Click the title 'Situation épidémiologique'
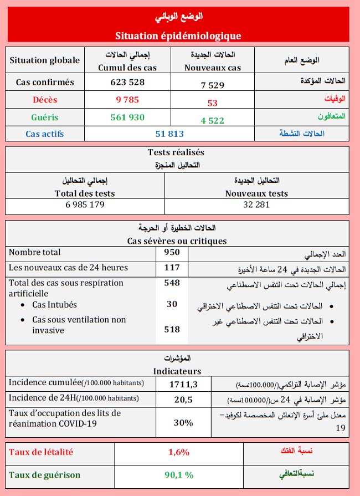tap(178, 35)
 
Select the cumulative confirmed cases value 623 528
tap(127, 82)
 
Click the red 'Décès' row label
tap(44, 100)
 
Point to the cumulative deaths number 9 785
tap(127, 100)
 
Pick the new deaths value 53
tap(213, 103)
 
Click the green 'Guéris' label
tap(44, 117)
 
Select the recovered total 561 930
tap(127, 117)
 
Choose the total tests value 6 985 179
tap(85, 204)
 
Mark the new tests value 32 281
tap(256, 204)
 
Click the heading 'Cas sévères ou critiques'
tap(177, 241)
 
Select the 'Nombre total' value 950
tap(172, 253)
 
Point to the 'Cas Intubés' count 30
tap(172, 304)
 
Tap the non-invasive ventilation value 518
tap(172, 329)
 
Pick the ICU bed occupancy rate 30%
tap(183, 422)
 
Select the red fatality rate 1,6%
tap(179, 452)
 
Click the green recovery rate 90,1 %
tap(178, 475)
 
